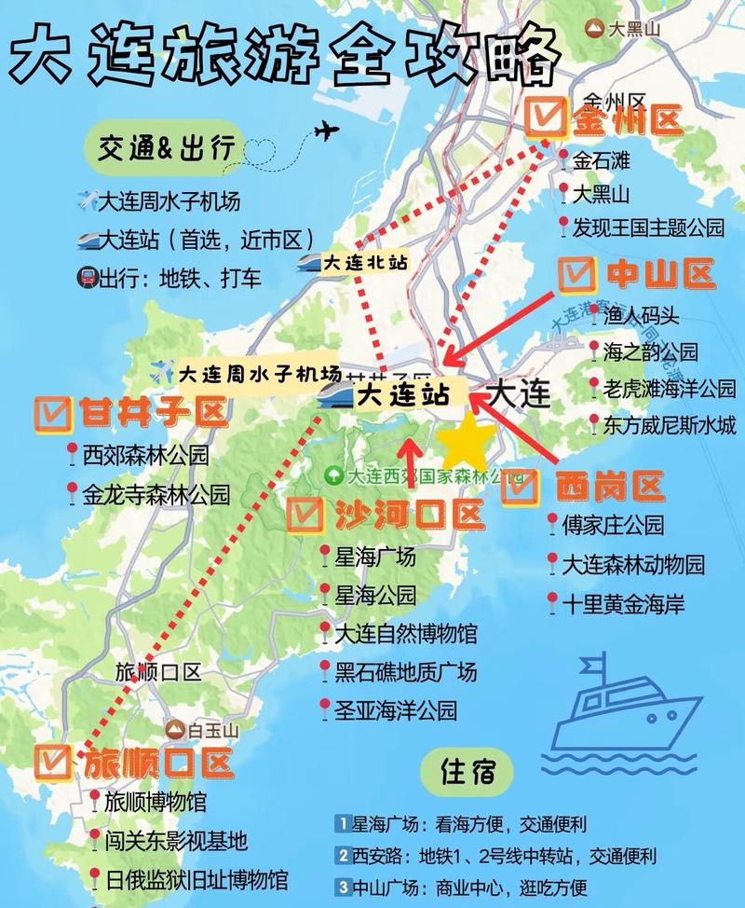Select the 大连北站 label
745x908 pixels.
pyautogui.click(x=365, y=264)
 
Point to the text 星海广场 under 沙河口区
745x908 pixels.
pyautogui.click(x=375, y=558)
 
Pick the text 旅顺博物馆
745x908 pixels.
pyautogui.click(x=155, y=801)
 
